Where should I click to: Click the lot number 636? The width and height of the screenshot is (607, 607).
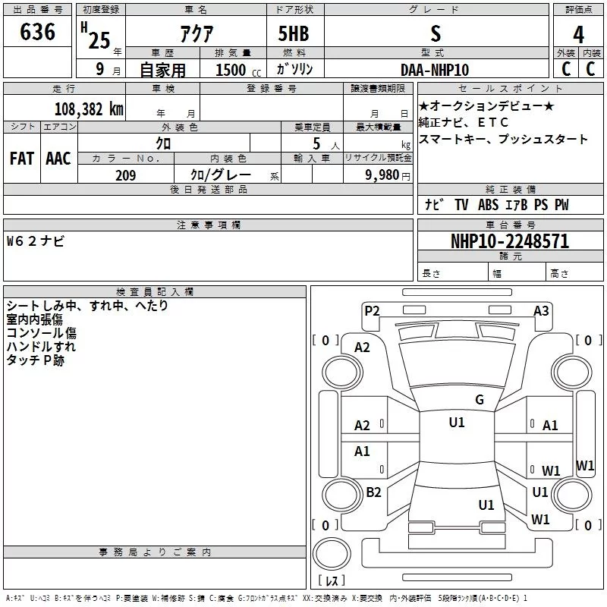(38, 32)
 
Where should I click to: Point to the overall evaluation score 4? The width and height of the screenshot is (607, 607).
(578, 35)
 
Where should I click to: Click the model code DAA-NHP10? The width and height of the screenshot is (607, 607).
(435, 70)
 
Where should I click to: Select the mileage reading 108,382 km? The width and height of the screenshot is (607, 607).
(88, 109)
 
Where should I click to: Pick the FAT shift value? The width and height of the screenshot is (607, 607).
(22, 159)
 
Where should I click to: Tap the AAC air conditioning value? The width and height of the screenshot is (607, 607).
(58, 159)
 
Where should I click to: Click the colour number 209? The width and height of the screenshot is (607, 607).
(125, 176)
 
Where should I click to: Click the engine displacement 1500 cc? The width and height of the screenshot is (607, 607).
(231, 70)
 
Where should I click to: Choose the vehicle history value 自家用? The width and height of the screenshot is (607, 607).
(162, 70)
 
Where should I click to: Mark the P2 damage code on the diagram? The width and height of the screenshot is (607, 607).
(372, 310)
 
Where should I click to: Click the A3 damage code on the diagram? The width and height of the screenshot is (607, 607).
(541, 310)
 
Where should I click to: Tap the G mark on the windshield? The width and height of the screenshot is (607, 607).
(479, 399)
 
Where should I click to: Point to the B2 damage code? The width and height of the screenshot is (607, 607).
(373, 492)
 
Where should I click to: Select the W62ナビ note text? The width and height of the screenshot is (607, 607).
(36, 241)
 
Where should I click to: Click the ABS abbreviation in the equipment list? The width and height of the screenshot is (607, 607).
(488, 205)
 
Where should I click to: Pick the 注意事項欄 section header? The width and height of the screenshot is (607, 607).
(208, 225)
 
